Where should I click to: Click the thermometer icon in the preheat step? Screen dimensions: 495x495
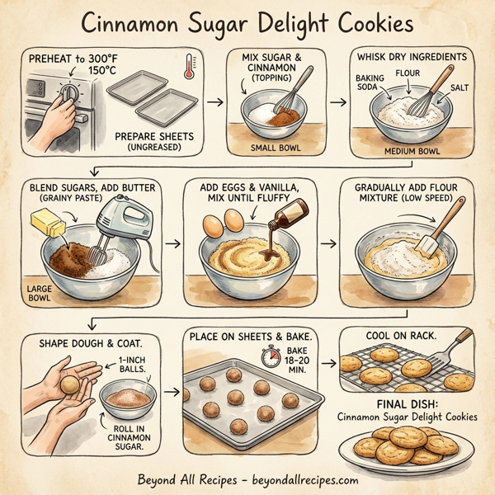(x=190, y=65)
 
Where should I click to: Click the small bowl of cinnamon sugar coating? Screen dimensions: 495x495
(x=127, y=402)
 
